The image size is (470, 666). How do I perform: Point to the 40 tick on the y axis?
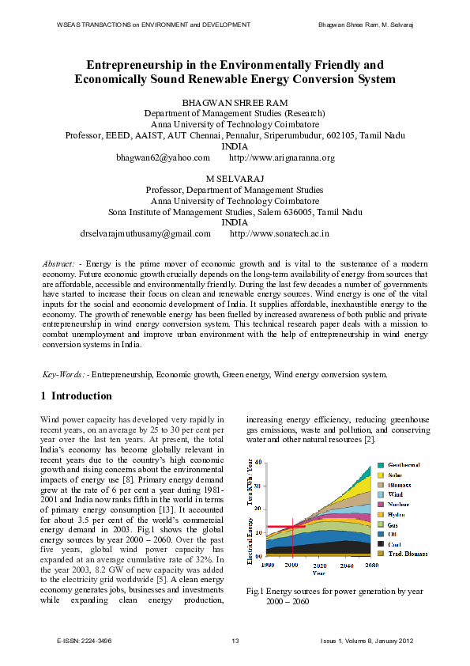tap(261, 462)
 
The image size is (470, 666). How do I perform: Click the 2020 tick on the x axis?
tap(320, 566)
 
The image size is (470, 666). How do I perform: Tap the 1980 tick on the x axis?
tap(269, 566)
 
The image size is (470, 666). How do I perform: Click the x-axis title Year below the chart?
tap(318, 573)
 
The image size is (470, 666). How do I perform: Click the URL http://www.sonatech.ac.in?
tap(279, 234)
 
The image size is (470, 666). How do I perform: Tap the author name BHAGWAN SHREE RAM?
tap(235, 104)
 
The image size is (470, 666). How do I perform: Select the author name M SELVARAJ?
tap(235, 179)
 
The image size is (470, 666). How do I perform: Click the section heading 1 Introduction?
tap(76, 396)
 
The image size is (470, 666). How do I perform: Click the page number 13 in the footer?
tap(235, 641)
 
